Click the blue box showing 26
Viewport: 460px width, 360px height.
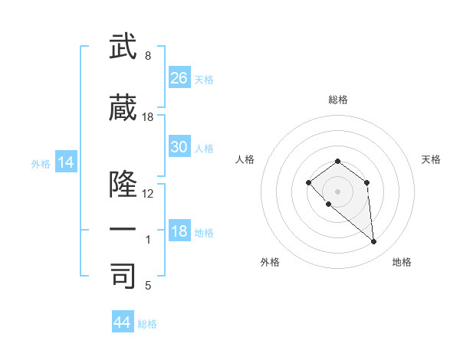coord(179,77)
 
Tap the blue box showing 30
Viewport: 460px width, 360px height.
coord(179,147)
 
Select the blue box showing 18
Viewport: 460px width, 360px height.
coord(179,231)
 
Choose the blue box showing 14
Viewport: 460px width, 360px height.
coord(66,162)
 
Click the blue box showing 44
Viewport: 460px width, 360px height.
coord(123,322)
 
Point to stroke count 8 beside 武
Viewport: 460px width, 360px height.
coord(148,56)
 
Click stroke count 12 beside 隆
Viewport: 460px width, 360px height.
coord(148,193)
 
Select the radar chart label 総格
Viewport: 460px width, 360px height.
coord(337,100)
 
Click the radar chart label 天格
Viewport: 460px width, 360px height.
coord(431,159)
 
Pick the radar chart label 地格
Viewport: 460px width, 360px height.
coord(402,262)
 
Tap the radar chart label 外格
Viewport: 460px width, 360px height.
coord(270,262)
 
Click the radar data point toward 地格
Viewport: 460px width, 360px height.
coord(374,242)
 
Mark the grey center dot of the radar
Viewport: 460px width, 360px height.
coord(337,191)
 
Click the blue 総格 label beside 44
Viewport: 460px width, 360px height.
coord(147,324)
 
